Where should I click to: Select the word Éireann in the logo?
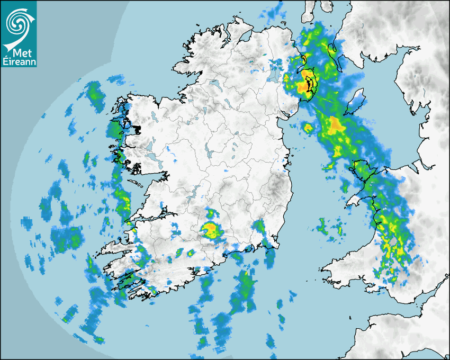pos(19,62)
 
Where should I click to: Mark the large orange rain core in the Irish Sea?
pos(335,125)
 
